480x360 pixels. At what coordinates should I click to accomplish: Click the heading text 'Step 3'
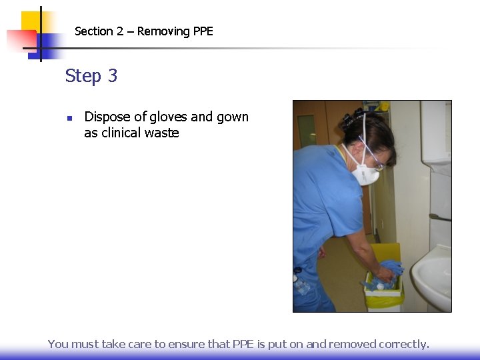tap(91, 76)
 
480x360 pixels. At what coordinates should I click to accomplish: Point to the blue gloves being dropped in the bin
tap(391, 269)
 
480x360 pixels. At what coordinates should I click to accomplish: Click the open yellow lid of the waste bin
tap(385, 254)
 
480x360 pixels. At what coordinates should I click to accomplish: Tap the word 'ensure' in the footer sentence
tap(186, 344)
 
